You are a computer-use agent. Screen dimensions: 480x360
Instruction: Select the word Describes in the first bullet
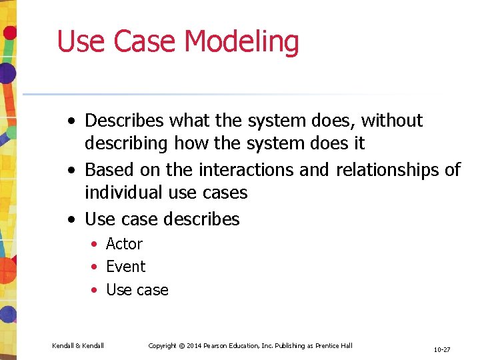pos(124,121)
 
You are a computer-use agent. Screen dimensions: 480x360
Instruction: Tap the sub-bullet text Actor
pos(124,244)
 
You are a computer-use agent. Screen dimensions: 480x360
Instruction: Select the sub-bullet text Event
pos(125,267)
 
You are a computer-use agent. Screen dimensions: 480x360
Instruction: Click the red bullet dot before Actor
pos(95,245)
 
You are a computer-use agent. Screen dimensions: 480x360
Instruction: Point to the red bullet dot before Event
pos(95,267)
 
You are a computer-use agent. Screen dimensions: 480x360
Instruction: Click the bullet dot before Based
pos(71,171)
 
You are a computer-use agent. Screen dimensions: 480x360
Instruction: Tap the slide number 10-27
pos(441,349)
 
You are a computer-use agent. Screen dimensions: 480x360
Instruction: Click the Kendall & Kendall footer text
pos(77,345)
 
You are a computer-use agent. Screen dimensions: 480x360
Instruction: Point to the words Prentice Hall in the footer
pos(333,345)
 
